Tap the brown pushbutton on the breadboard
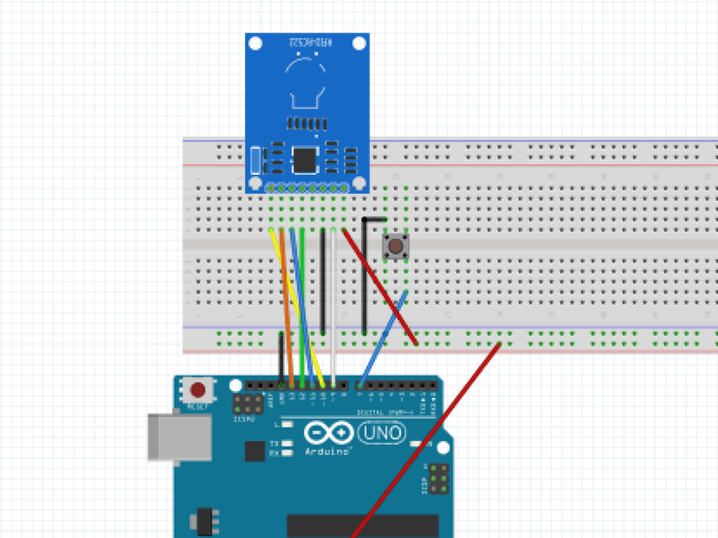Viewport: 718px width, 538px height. coord(396,246)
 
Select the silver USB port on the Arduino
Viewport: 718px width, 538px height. coord(179,436)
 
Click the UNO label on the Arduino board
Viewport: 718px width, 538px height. coord(381,433)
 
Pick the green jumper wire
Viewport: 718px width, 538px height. coord(302,287)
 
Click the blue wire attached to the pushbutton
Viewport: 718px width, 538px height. coord(384,336)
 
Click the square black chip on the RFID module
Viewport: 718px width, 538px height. coord(305,159)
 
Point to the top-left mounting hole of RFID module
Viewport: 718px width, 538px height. coord(256,44)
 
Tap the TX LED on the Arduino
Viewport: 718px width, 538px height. coord(287,444)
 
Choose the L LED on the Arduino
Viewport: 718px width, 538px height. coord(287,425)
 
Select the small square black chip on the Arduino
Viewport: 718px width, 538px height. coord(254,450)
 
